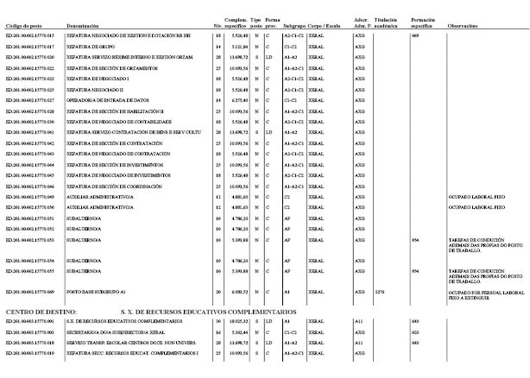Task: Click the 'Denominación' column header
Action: (x=87, y=28)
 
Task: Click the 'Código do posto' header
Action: (x=26, y=28)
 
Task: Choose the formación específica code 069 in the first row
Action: (x=415, y=35)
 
